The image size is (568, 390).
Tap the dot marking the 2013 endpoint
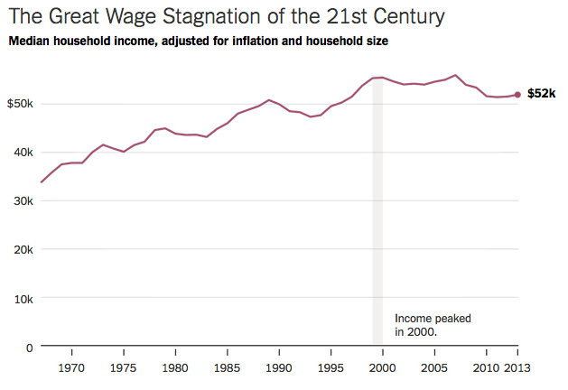517,94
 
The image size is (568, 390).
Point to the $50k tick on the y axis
19,104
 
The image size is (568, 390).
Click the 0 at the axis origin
30,348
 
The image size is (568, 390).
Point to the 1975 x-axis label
124,368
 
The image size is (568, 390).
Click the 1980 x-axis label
175,368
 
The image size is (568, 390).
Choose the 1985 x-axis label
228,368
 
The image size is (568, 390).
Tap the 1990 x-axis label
279,368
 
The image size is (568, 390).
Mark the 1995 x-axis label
331,368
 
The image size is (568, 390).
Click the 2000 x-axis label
383,368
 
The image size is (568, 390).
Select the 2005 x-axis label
435,368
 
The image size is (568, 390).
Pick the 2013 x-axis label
517,368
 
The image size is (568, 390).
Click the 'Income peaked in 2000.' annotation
433,325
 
